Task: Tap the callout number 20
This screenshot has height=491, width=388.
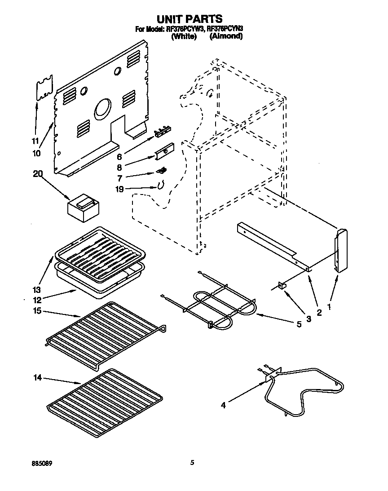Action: pyautogui.click(x=39, y=174)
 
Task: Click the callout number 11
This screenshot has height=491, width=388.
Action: pyautogui.click(x=35, y=140)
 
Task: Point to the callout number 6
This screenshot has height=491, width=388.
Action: pyautogui.click(x=119, y=157)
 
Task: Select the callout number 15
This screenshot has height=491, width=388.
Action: pyautogui.click(x=39, y=310)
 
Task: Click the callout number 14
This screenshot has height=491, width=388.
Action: pyautogui.click(x=39, y=378)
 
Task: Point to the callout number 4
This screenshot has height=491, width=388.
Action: pyautogui.click(x=223, y=405)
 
